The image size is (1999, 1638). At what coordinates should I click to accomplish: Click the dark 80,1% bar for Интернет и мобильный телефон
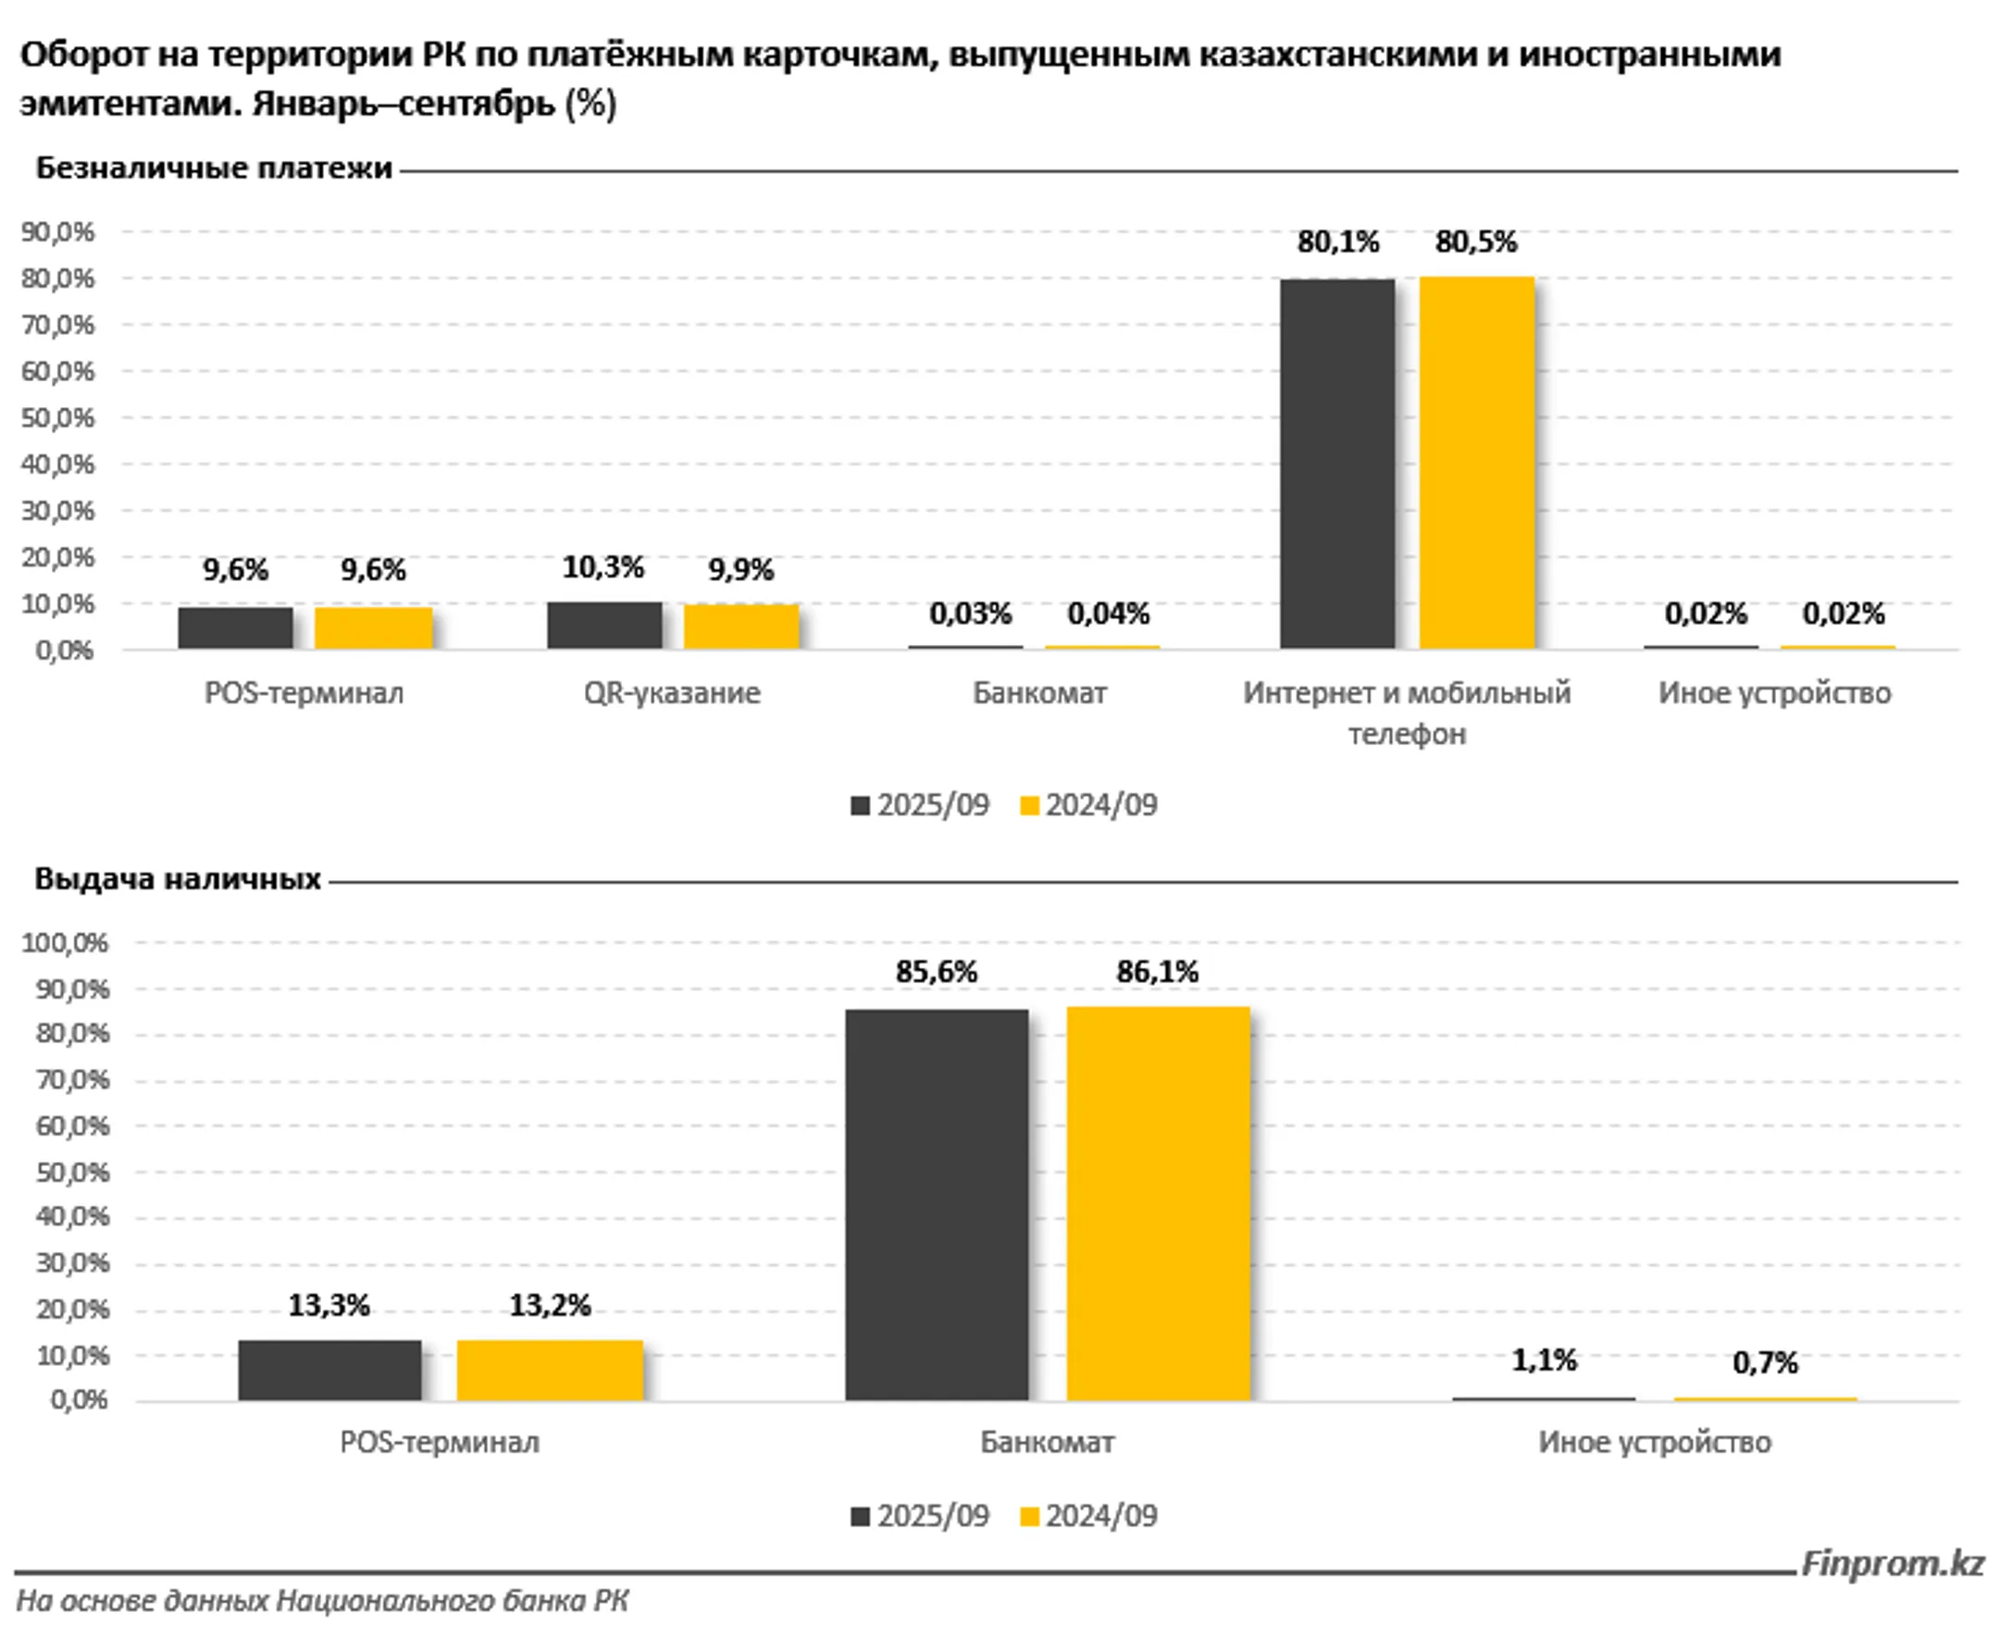1336,464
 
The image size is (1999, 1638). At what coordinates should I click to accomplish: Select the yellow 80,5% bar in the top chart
1476,463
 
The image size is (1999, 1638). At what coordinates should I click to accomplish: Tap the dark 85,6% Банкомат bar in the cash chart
936,1204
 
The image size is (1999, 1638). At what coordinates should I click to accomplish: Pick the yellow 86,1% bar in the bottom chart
1158,1203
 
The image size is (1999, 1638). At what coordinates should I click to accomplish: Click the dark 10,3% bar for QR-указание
603,626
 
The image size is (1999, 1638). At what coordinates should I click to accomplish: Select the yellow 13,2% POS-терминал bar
550,1370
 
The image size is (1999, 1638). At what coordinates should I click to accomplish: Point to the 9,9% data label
740,570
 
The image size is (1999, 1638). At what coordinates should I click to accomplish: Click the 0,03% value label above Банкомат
970,614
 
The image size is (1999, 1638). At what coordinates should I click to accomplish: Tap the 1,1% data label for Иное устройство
1544,1359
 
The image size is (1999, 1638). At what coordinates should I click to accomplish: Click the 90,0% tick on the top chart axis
58,232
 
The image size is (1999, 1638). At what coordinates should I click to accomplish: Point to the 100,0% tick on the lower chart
65,943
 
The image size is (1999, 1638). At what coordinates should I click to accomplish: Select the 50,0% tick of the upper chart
58,418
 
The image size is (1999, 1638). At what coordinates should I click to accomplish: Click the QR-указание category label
672,693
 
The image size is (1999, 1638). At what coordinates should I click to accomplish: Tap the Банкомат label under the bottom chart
1047,1442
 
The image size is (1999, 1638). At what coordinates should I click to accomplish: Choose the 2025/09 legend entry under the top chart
920,805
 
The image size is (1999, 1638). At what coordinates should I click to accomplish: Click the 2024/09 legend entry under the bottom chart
1088,1515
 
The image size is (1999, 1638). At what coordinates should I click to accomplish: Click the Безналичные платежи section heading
214,168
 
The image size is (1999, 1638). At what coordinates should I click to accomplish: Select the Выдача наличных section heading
179,879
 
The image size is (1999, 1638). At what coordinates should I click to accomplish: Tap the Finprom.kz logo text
1893,1562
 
